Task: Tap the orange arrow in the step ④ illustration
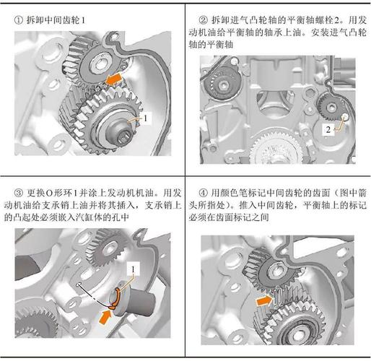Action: pyautogui.click(x=265, y=297)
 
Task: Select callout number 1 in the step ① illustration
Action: pyautogui.click(x=145, y=116)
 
